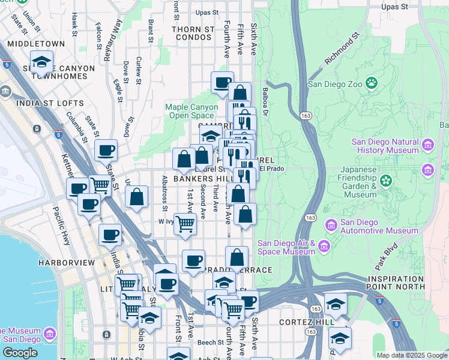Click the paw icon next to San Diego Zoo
click(372, 83)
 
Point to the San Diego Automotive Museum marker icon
click(330, 226)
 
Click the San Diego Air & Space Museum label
click(286, 247)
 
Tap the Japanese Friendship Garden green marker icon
click(386, 179)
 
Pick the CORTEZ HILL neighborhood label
click(307, 322)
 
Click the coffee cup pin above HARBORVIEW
click(110, 235)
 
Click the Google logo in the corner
click(20, 353)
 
